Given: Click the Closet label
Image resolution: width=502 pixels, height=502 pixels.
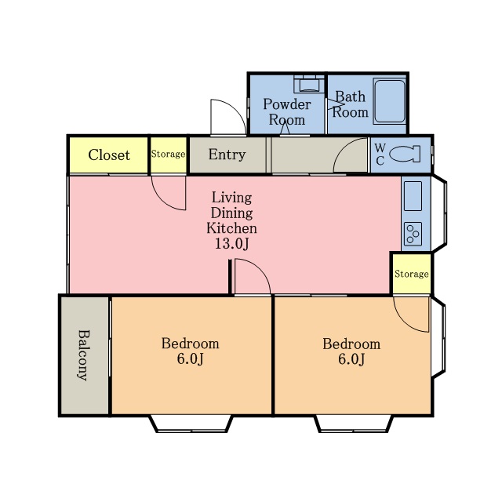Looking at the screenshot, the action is coord(109,155).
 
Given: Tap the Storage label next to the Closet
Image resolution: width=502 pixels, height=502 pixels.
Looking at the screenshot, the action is coord(168,155).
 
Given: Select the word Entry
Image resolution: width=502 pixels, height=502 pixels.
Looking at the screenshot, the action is coord(227,155).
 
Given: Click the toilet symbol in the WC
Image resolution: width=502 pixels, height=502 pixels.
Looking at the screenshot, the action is coord(405,154).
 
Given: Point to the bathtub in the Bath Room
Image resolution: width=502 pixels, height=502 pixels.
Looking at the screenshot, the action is coord(390,101).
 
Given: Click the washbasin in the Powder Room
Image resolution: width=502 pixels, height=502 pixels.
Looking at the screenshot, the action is coord(309,85).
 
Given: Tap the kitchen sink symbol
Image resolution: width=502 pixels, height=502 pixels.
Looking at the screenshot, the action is coord(413,196).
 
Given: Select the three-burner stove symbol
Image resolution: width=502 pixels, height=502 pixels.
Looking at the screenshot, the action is coord(413,234).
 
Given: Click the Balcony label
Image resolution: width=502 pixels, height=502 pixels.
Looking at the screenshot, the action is coord(84,355).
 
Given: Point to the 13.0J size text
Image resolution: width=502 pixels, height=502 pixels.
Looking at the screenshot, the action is coord(231,244).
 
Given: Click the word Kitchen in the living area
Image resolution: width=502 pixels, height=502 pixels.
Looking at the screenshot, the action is coord(231,228).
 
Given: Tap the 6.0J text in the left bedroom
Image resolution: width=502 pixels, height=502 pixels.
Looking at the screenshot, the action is coord(190,359).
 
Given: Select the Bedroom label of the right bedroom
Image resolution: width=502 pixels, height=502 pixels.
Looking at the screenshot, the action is coord(351,344).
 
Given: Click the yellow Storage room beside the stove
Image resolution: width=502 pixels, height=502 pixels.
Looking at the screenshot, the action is coord(412,274).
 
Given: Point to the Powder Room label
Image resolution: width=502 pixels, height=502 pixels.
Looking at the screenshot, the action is coord(287,112).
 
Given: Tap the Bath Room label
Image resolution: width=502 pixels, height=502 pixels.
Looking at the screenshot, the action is coord(351,104).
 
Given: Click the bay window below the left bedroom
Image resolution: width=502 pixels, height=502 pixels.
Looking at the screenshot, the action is coord(191,424).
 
